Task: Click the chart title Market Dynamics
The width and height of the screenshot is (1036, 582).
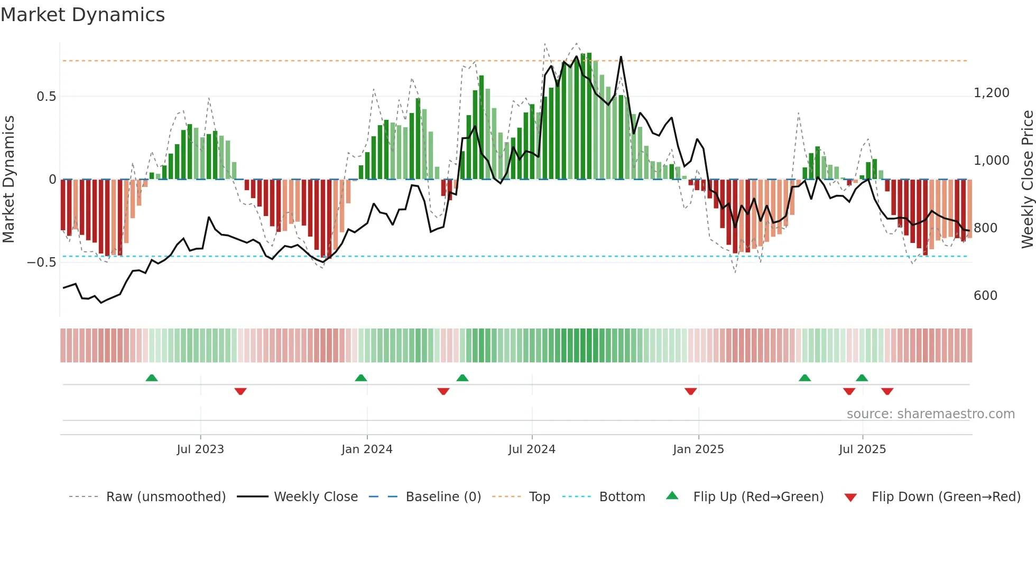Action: pyautogui.click(x=82, y=15)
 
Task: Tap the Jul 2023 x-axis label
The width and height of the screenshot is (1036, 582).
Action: pyautogui.click(x=200, y=449)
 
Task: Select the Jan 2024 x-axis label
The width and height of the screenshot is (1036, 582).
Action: pyautogui.click(x=367, y=449)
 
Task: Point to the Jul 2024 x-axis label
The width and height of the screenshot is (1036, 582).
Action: pyautogui.click(x=532, y=449)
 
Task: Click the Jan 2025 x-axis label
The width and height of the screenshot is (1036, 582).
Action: pyautogui.click(x=698, y=449)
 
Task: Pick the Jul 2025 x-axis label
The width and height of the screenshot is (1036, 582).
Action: pyautogui.click(x=862, y=449)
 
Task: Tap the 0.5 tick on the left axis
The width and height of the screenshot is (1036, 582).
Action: pyautogui.click(x=46, y=97)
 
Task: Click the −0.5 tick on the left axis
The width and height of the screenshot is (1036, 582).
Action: pyautogui.click(x=42, y=262)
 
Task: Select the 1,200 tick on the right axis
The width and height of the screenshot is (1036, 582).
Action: pyautogui.click(x=991, y=93)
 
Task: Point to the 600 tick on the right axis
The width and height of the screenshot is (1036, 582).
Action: pyautogui.click(x=985, y=296)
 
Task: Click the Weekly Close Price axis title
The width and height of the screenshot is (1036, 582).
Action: pyautogui.click(x=1027, y=179)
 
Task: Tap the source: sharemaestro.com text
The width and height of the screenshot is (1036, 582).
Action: pyautogui.click(x=930, y=414)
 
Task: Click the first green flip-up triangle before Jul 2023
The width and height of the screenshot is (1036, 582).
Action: pyautogui.click(x=152, y=378)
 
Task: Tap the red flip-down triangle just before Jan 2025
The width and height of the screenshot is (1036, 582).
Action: pyautogui.click(x=690, y=391)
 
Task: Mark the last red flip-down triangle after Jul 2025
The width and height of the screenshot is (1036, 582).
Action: pyautogui.click(x=887, y=391)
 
